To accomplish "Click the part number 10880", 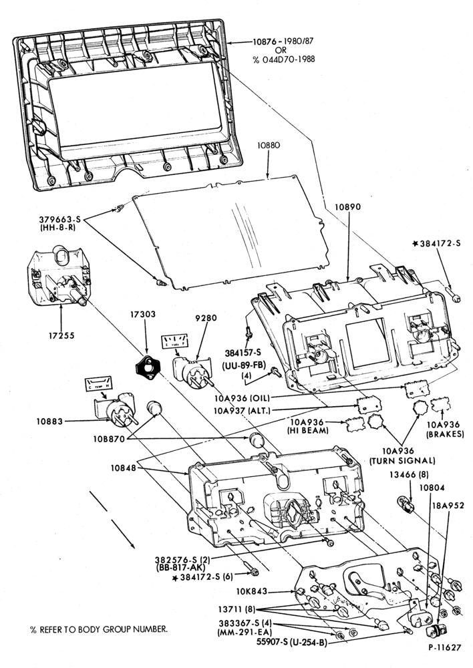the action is click(269, 145).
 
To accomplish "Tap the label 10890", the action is click(347, 207).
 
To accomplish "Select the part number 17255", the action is click(61, 336).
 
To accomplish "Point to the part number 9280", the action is click(206, 318).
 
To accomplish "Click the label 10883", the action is click(49, 422).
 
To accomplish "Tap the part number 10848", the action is click(124, 468).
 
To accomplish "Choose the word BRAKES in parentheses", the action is click(446, 435).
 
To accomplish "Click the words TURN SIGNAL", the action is click(402, 460).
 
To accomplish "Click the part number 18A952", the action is click(449, 506).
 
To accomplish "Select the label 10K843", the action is click(252, 591).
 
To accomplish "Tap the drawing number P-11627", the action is click(444, 647).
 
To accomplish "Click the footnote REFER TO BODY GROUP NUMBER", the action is click(103, 629).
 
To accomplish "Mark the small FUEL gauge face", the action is click(174, 341).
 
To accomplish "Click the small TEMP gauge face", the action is click(98, 384).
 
